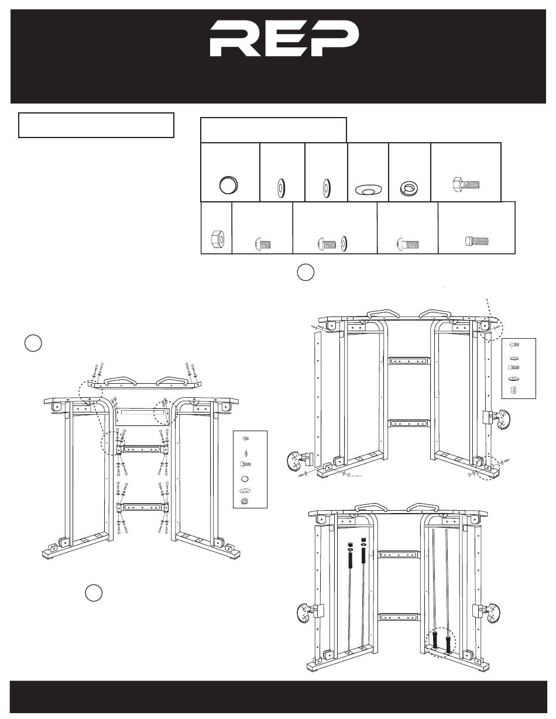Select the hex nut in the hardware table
215,239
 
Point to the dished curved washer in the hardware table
367,190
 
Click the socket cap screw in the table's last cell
476,240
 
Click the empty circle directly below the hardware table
305,272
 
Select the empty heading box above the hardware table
273,129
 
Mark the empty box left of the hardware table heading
96,125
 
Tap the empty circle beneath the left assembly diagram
94,592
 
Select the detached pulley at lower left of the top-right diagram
298,460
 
